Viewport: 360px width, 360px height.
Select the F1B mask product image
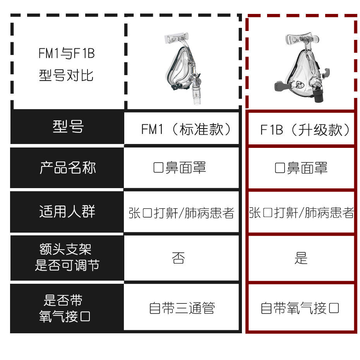pyautogui.click(x=301, y=68)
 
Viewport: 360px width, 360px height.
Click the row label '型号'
pyautogui.click(x=68, y=127)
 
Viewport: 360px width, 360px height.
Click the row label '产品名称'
pyautogui.click(x=68, y=168)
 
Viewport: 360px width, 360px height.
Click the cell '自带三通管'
pyautogui.click(x=182, y=309)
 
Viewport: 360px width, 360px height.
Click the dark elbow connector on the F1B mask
pyautogui.click(x=318, y=96)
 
